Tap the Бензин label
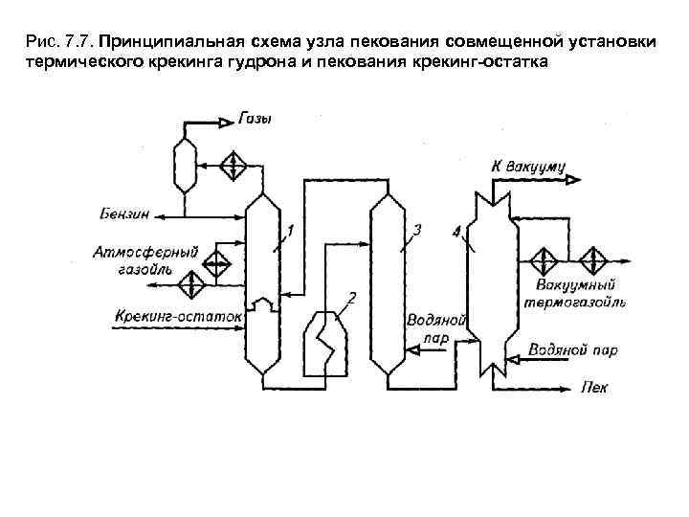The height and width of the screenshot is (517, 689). (125, 213)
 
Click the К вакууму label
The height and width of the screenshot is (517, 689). (528, 166)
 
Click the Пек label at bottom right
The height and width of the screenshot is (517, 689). (593, 388)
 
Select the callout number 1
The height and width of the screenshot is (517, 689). (289, 229)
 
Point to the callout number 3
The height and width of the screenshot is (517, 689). (417, 229)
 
